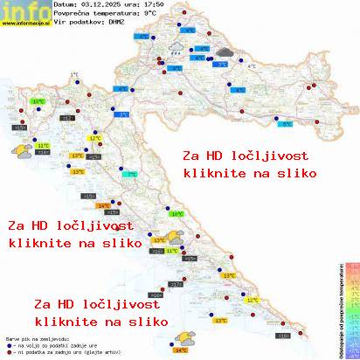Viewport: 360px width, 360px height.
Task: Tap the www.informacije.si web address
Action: [x=24, y=23]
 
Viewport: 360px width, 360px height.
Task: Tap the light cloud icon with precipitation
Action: [x=175, y=49]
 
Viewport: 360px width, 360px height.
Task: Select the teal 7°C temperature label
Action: [x=131, y=175]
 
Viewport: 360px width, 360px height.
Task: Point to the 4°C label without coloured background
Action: [x=252, y=66]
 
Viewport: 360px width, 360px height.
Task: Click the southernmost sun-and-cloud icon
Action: [x=185, y=336]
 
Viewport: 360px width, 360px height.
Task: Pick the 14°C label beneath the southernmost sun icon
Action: [x=181, y=349]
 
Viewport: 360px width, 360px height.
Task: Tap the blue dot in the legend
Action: [x=8, y=342]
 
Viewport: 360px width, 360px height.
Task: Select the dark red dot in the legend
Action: [x=8, y=349]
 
